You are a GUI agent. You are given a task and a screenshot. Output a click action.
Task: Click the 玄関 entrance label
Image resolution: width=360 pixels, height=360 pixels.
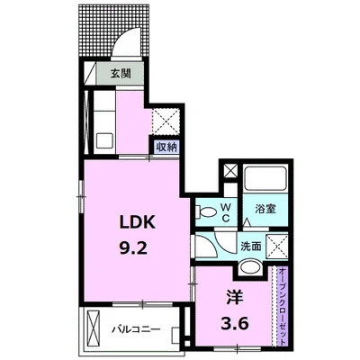pos(121,74)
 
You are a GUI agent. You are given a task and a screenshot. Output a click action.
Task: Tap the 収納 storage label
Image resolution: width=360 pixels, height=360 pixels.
pos(167,148)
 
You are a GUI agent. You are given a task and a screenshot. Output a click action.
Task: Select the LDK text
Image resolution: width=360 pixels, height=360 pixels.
pos(138,222)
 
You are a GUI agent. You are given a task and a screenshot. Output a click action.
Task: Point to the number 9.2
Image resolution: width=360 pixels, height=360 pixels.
pos(133,248)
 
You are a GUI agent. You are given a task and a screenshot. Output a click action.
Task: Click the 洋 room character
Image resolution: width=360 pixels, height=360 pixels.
pos(234,297)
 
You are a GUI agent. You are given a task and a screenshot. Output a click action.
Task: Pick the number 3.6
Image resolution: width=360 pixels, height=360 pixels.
pos(235,323)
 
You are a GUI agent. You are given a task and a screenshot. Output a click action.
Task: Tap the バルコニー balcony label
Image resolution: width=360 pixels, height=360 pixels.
pos(136,329)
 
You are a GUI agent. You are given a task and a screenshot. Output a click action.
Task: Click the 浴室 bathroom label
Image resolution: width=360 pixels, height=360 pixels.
pos(265,209)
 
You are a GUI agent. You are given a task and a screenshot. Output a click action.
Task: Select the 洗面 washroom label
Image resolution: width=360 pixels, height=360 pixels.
pos(251,247)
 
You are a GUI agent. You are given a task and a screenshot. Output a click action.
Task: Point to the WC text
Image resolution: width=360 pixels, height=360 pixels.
pos(226,212)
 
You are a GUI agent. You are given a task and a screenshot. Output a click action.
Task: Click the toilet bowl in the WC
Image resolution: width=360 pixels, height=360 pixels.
pos(205,211)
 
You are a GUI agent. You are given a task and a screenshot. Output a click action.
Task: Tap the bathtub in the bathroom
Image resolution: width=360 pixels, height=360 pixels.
pos(265,178)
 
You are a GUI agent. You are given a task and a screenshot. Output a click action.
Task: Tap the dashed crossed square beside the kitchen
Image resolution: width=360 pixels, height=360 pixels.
pos(166,121)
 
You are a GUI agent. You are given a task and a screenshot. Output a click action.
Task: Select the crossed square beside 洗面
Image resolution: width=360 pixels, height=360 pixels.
pos(277,247)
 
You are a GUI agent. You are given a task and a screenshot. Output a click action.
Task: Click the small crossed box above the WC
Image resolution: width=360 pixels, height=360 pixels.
pos(230,171)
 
